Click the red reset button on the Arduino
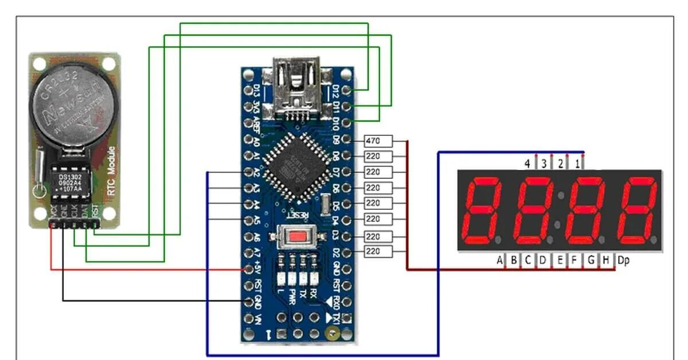point(298,236)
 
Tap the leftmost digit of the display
point(483,210)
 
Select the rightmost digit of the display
point(635,210)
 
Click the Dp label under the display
point(624,261)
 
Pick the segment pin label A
point(500,261)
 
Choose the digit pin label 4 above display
point(527,164)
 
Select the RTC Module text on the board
point(111,172)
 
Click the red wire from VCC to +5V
point(143,268)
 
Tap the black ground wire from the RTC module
point(143,300)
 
